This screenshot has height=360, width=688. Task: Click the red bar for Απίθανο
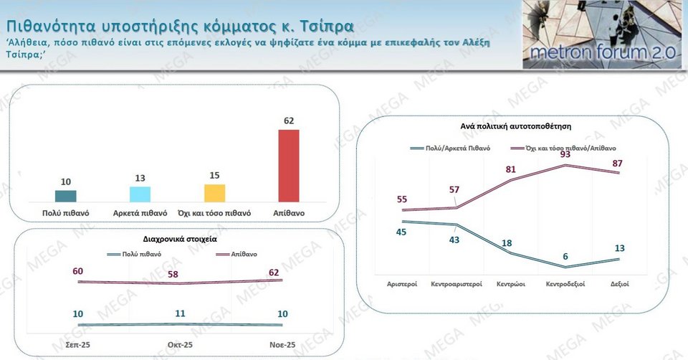pos(289,166)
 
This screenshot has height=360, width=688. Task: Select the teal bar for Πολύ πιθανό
pos(65,196)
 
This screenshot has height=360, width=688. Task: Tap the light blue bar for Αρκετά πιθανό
pos(140,194)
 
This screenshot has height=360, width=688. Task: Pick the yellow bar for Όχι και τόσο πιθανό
pos(215,193)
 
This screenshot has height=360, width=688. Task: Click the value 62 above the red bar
pos(289,121)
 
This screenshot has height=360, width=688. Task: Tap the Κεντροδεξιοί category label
pos(566,284)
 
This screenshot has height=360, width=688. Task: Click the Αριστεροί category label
pos(402,284)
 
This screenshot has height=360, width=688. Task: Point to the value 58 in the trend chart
pos(174,275)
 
